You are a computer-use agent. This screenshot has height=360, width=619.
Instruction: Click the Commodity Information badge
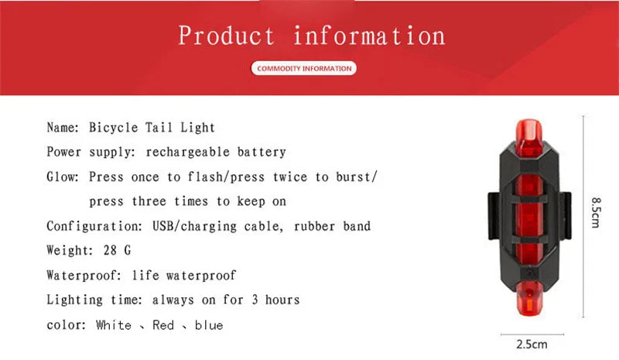click(303, 69)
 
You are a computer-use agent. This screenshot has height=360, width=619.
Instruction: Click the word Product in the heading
click(226, 36)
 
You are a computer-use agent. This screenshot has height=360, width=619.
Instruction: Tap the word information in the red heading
click(369, 36)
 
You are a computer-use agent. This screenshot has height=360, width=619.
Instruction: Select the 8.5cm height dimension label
click(597, 211)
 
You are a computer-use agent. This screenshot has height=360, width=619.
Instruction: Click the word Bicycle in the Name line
click(113, 127)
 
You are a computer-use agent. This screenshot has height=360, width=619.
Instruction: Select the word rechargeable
click(185, 152)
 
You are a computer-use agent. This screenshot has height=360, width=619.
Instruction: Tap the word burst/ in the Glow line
click(357, 177)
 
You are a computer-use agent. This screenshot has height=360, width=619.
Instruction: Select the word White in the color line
click(113, 325)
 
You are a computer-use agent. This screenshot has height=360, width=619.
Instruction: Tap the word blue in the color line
click(209, 325)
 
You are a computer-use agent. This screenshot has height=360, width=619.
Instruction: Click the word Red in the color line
click(163, 325)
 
